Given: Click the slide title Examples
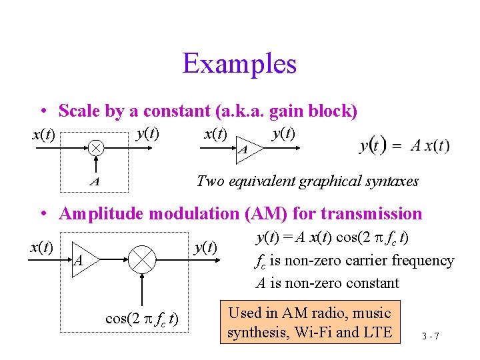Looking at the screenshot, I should [x=239, y=64].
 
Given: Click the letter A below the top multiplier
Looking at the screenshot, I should [x=95, y=181].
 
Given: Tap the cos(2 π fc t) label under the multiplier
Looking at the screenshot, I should [x=141, y=317].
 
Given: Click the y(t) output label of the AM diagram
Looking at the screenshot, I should [x=205, y=247].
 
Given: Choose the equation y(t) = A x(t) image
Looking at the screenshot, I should [x=404, y=145].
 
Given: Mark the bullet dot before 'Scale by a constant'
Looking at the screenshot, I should [x=42, y=111].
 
